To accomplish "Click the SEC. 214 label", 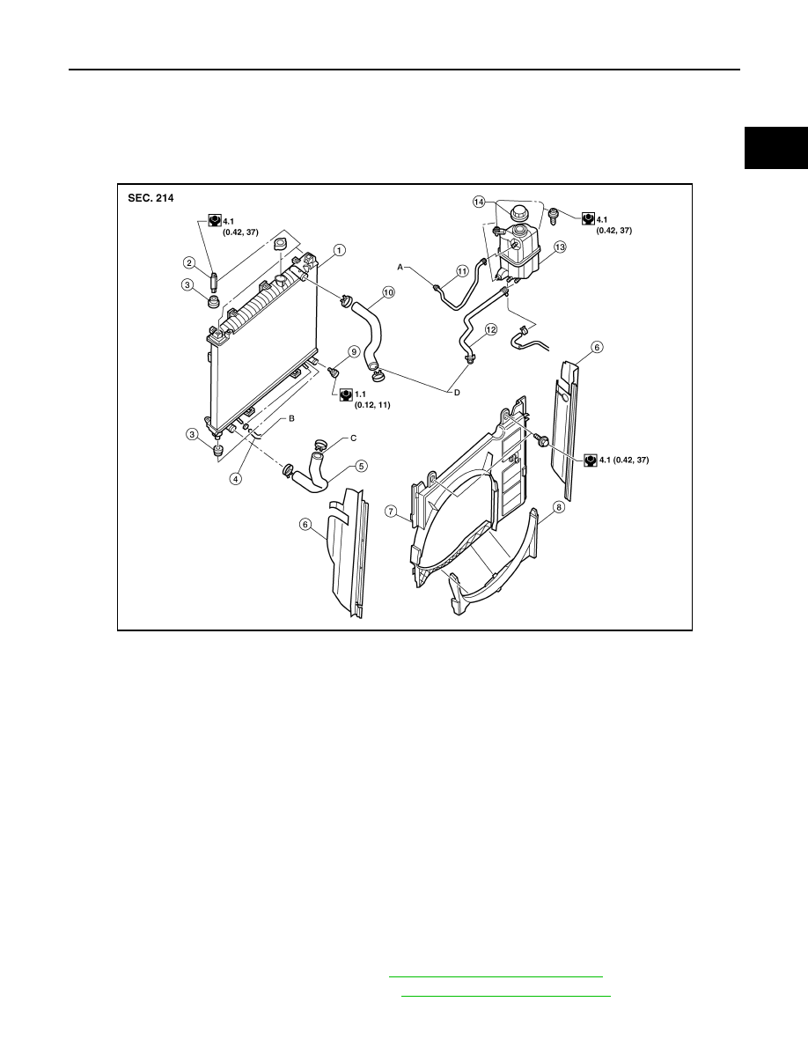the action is [x=151, y=198].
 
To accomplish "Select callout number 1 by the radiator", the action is [x=340, y=250].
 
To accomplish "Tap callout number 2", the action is [x=189, y=263].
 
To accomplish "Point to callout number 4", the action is [x=236, y=478].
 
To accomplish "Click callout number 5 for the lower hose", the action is [x=361, y=466].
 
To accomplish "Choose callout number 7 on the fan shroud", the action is [x=392, y=512].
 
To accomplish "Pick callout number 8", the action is [x=559, y=507].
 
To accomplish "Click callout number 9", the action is [x=353, y=351].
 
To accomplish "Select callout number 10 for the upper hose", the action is [x=388, y=291].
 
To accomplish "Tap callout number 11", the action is [x=462, y=271].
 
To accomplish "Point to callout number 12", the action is [x=490, y=329].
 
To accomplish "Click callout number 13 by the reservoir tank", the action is [x=559, y=247].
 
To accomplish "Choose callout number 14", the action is [x=479, y=201].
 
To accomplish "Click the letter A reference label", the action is [x=400, y=267].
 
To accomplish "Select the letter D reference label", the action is [x=457, y=393].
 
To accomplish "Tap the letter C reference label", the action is [x=353, y=438].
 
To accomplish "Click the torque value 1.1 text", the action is [x=360, y=394].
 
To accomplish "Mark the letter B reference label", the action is [x=291, y=418].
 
